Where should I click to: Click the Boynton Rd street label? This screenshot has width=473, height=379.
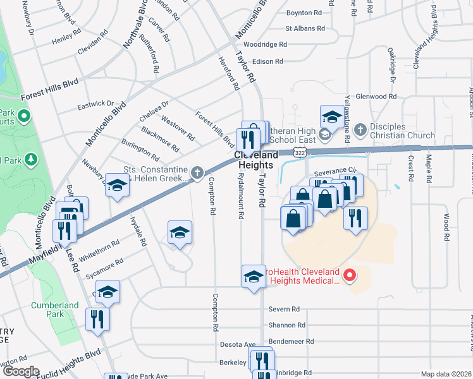[308, 13]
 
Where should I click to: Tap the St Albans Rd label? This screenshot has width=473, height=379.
[305, 28]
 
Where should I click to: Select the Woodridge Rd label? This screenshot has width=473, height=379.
[266, 45]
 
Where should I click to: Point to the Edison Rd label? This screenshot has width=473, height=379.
[267, 61]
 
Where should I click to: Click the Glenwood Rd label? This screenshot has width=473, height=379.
[376, 97]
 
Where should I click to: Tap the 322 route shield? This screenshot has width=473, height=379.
[301, 153]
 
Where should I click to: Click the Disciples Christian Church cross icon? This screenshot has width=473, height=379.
[360, 130]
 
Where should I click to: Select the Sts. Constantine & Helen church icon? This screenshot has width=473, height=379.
[197, 171]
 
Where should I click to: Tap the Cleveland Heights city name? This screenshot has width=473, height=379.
[256, 159]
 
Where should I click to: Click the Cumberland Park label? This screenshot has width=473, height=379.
[54, 310]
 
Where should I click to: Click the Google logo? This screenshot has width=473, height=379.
[20, 371]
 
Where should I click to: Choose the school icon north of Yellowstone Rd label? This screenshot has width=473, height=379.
[331, 116]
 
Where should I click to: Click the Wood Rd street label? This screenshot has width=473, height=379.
[446, 227]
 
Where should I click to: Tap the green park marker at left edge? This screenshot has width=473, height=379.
[24, 116]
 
